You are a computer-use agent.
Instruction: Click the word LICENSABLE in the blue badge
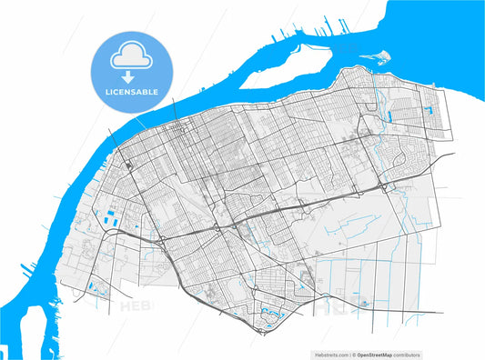click(133, 92)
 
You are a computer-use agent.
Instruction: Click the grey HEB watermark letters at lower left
click(136, 306)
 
